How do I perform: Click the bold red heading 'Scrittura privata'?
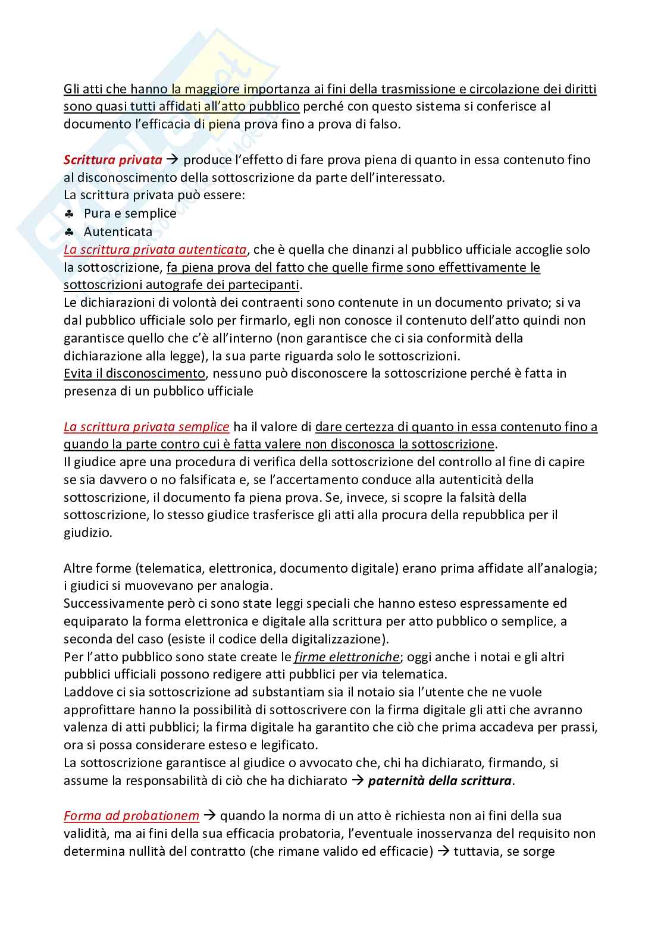tap(112, 159)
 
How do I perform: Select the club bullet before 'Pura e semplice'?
tap(69, 213)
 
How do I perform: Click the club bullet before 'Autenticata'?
tap(69, 231)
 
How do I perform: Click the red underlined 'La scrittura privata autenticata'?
tap(155, 249)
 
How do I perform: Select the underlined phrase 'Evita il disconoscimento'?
tap(134, 373)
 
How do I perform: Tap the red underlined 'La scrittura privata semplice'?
tap(146, 426)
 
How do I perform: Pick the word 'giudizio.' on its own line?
tap(87, 532)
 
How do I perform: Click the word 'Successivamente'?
tap(110, 603)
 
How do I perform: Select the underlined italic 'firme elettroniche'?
tap(346, 657)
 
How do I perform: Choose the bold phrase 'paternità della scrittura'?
tap(440, 780)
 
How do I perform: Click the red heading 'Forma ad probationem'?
tap(131, 815)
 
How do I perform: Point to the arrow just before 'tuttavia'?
tap(443, 851)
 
